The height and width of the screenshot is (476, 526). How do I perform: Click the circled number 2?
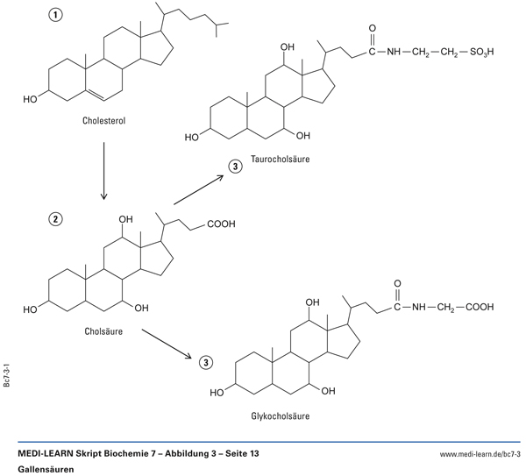[x=55, y=218]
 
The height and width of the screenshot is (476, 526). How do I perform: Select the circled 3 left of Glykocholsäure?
[x=204, y=362]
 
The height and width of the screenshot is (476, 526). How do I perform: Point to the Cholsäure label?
[x=103, y=332]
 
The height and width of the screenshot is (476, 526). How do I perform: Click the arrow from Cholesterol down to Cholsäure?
[x=104, y=170]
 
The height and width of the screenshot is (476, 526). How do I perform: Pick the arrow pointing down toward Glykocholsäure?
[x=167, y=341]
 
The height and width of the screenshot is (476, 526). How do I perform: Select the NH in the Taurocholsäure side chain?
[x=395, y=53]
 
